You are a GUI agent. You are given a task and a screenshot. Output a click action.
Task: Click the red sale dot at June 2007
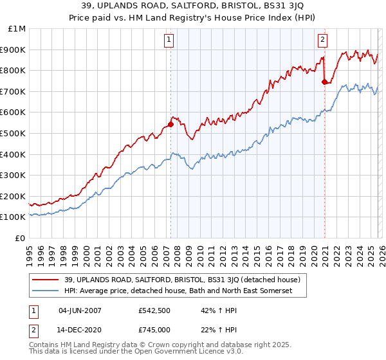[x=170, y=124]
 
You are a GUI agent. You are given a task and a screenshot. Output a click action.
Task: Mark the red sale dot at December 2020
[x=324, y=82]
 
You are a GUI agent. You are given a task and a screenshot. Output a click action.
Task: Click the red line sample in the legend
[x=45, y=280]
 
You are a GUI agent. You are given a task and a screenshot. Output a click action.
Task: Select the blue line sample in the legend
[x=45, y=291]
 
